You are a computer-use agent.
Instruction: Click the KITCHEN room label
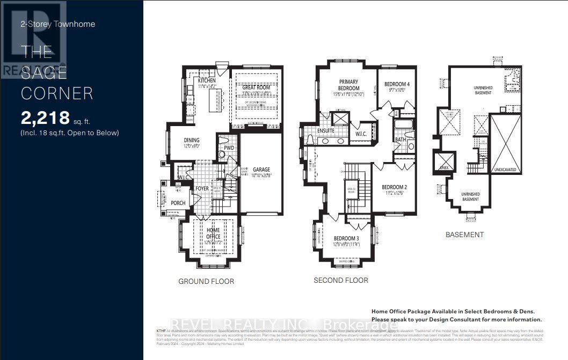tap(207, 80)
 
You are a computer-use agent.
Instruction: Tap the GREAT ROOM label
tap(257, 87)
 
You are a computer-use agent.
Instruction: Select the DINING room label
tap(180, 141)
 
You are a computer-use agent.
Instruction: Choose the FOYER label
tap(202, 188)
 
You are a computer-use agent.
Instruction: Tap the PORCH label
tap(178, 203)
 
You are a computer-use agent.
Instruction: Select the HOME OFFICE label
tap(213, 233)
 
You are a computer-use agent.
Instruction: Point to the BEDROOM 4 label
tap(397, 84)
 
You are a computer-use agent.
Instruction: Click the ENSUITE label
tap(311, 130)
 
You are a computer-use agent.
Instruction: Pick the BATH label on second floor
tap(400, 139)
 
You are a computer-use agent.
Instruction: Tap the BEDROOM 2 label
tap(395, 187)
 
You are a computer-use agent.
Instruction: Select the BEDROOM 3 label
tap(346, 239)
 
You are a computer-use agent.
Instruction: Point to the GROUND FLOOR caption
tap(206, 281)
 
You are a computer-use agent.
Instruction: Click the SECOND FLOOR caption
tap(341, 280)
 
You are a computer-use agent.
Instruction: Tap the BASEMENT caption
tap(465, 234)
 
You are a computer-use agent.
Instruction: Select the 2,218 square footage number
tap(46, 117)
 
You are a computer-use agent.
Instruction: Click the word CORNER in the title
tap(57, 93)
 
